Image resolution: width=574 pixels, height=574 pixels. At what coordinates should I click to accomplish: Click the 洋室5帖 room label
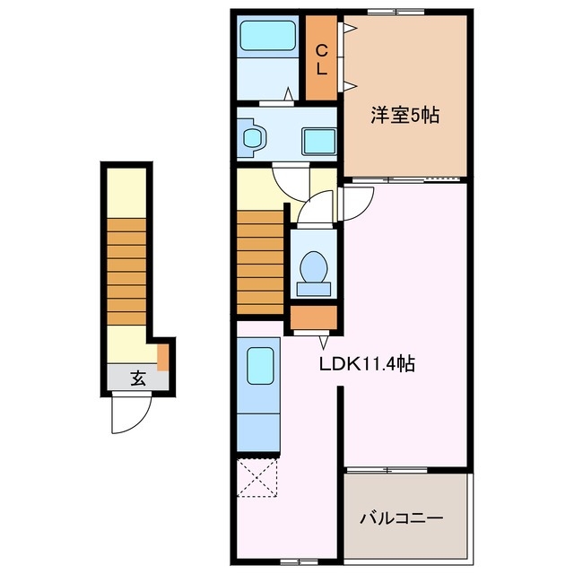coord(405,116)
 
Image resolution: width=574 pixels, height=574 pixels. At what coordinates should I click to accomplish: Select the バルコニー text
coord(402,518)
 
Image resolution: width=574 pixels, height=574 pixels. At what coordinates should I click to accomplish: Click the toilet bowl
coord(313,267)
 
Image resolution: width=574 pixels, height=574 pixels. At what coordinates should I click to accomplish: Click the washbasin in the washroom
coord(255,139)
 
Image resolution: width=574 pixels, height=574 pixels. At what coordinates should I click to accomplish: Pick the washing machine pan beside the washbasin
coord(316,141)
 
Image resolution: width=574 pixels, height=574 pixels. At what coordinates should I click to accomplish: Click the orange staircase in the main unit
coord(261,258)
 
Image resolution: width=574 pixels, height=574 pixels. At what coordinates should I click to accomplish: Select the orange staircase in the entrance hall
coord(126,270)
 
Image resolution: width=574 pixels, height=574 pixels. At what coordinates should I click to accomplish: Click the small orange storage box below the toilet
coord(313,317)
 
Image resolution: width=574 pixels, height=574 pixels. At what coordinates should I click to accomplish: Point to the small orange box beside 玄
coord(163,356)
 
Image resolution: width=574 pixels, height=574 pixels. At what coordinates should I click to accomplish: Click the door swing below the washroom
coord(291,178)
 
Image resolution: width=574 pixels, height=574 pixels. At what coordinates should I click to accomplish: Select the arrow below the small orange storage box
coord(323,341)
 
